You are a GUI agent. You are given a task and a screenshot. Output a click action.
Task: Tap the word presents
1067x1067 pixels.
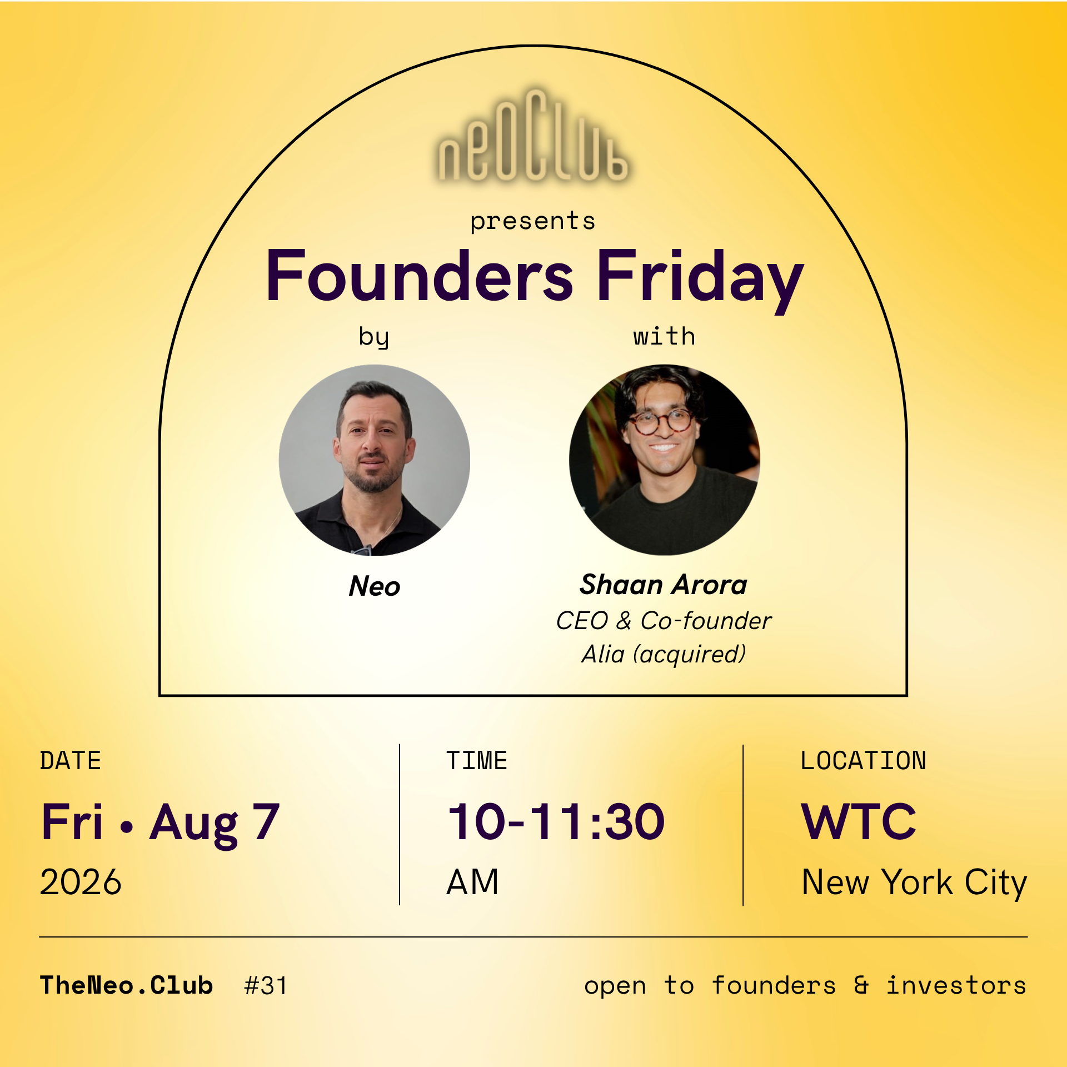pyautogui.click(x=533, y=222)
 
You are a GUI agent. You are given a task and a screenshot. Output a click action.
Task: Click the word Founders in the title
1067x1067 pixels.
pyautogui.click(x=420, y=276)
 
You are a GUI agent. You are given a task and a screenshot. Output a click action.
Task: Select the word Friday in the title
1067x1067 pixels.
pyautogui.click(x=700, y=281)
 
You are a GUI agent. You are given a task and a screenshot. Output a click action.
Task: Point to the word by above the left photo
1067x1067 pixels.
pyautogui.click(x=374, y=337)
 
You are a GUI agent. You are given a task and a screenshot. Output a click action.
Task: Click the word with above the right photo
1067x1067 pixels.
pyautogui.click(x=664, y=336)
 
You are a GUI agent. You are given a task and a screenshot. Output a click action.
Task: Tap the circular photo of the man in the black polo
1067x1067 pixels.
pyautogui.click(x=375, y=460)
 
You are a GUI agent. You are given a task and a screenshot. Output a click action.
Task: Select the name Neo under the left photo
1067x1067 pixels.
pyautogui.click(x=375, y=586)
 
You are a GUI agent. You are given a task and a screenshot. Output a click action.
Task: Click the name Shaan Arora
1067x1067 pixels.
pyautogui.click(x=664, y=585)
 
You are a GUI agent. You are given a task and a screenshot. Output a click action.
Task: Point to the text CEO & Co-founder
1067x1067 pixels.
pyautogui.click(x=664, y=621)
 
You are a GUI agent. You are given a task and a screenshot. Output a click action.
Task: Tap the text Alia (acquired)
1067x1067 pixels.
pyautogui.click(x=664, y=654)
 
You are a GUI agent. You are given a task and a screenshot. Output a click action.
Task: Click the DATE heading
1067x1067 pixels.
pyautogui.click(x=71, y=761)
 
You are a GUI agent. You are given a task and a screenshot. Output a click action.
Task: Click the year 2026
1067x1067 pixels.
pyautogui.click(x=81, y=882)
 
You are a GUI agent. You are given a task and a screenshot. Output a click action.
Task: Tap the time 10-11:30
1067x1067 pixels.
pyautogui.click(x=556, y=821)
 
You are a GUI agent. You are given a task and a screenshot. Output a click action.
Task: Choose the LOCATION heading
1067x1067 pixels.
pyautogui.click(x=864, y=761)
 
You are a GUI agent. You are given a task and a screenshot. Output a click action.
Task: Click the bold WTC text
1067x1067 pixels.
pyautogui.click(x=859, y=821)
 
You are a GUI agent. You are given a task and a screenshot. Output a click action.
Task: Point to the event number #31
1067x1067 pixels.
pyautogui.click(x=266, y=986)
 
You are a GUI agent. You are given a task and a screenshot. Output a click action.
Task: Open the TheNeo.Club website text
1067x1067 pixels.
pyautogui.click(x=127, y=985)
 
